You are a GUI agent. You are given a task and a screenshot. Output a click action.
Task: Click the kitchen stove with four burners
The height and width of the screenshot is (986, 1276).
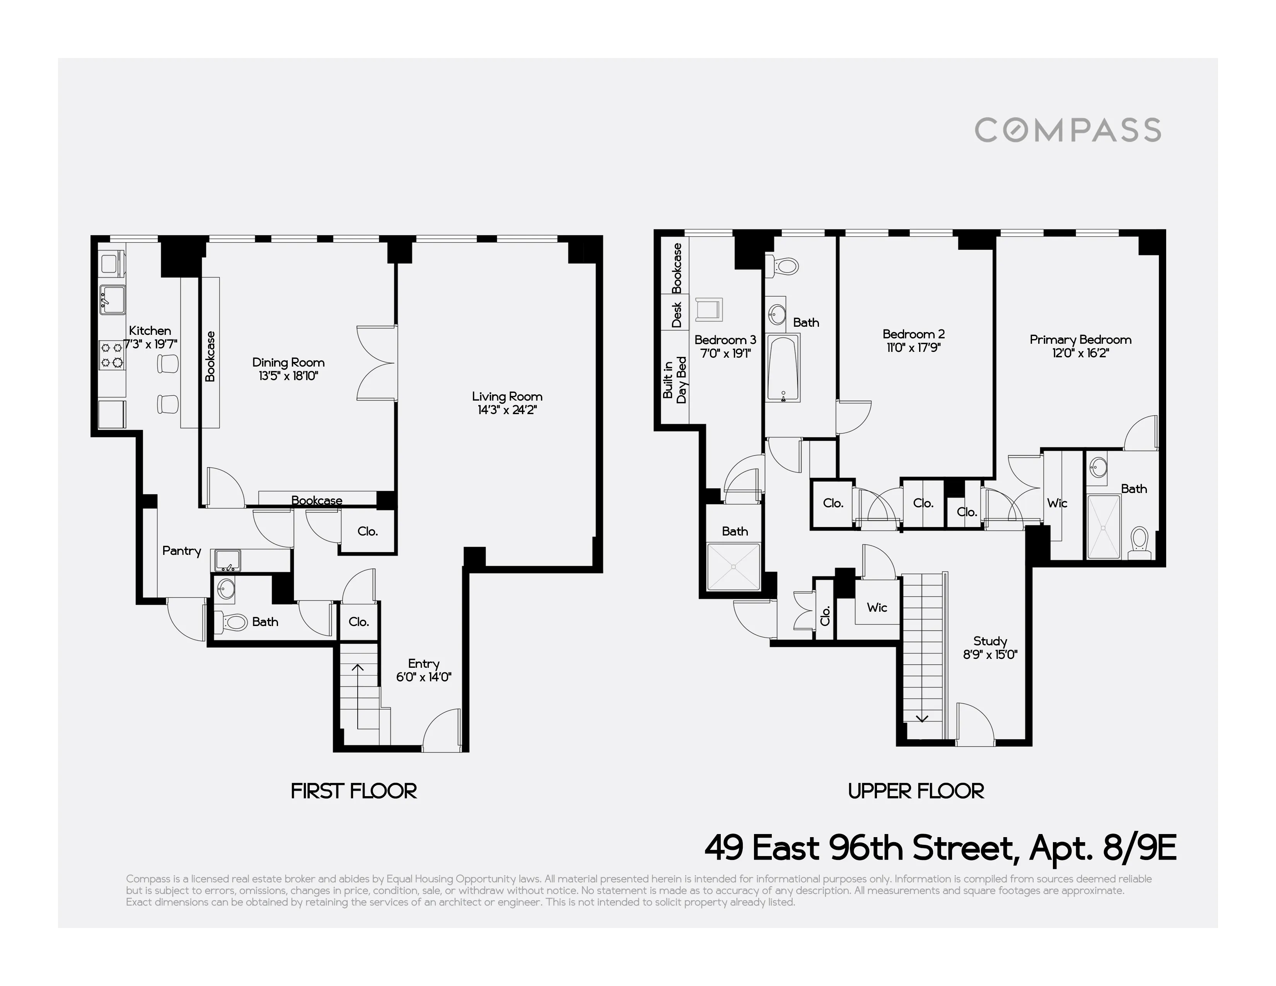[x=112, y=355]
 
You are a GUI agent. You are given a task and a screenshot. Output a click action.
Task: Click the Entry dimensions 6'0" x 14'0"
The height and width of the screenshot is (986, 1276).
[x=423, y=677]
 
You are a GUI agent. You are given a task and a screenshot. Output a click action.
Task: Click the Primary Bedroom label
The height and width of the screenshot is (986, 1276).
[x=1080, y=339]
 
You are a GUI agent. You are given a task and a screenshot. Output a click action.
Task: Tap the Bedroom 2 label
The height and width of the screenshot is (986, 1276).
[x=913, y=334]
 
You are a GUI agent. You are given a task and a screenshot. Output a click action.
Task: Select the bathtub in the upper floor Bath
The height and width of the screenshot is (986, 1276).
[x=782, y=368]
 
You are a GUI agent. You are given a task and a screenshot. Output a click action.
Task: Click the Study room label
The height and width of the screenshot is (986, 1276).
[x=990, y=641]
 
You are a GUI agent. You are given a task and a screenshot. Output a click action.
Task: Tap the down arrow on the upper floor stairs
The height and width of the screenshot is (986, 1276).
[x=921, y=718]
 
